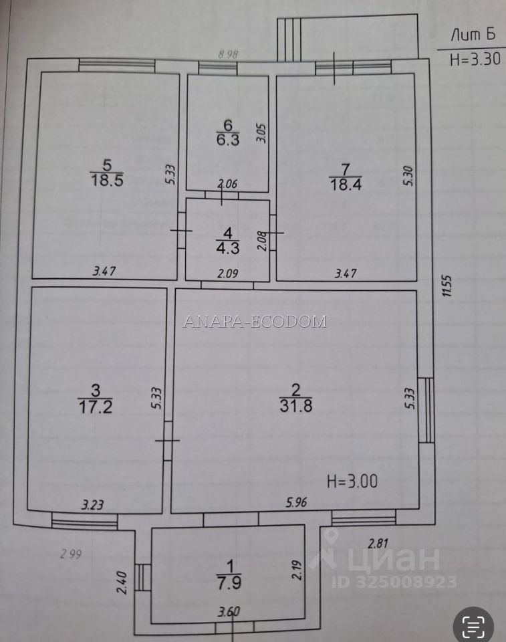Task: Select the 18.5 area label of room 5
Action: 107,181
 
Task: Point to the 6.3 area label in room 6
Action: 228,142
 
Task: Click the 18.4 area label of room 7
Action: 346,185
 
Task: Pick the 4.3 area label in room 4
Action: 228,247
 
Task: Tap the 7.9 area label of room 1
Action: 228,582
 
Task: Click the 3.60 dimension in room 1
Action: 229,611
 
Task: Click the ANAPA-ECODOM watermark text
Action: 255,322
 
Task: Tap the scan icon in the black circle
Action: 475,625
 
